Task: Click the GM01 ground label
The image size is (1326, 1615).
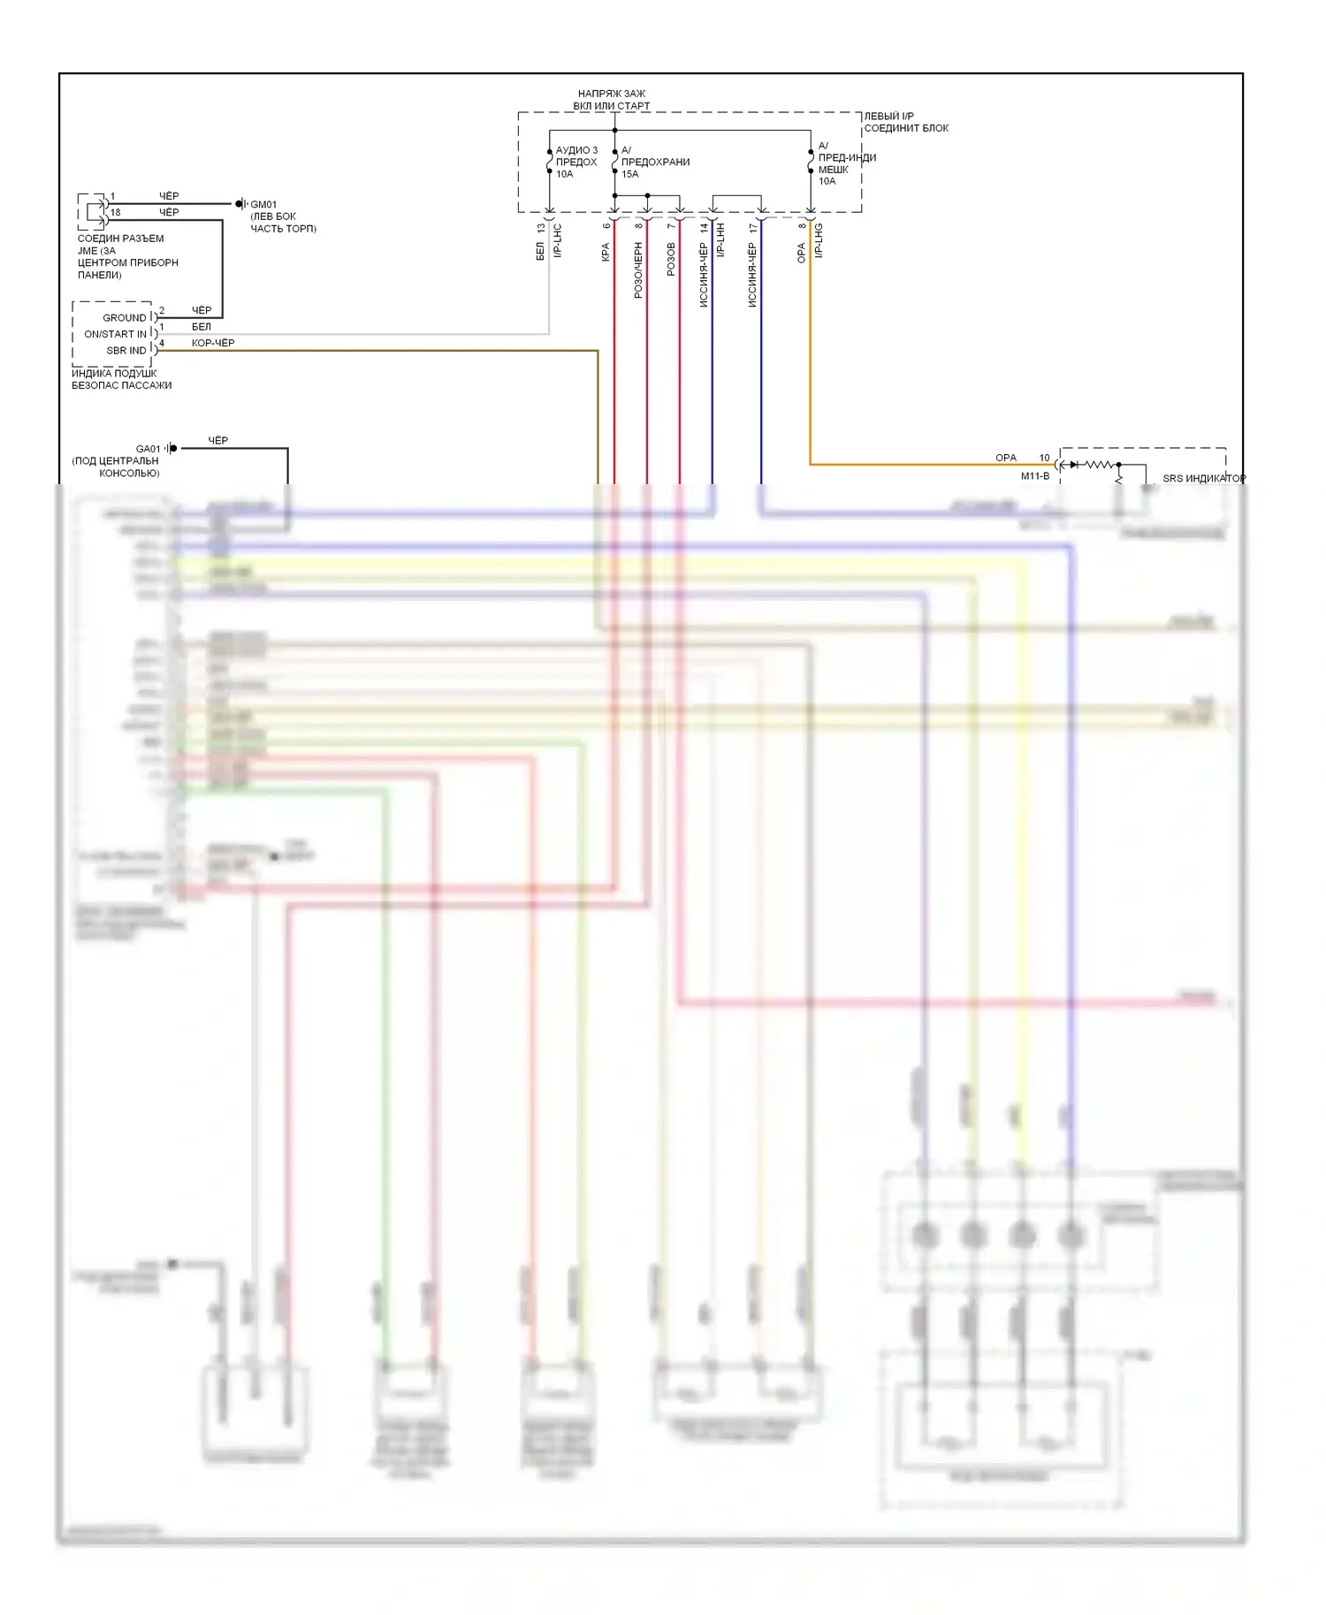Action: point(263,205)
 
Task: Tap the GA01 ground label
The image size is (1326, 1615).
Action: point(148,449)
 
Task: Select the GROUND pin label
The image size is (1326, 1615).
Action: point(125,318)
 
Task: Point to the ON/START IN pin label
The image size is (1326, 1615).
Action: point(115,334)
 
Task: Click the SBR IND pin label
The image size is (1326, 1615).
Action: point(126,351)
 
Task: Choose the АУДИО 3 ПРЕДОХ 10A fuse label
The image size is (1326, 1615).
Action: point(576,163)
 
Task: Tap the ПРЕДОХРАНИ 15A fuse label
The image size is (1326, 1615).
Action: point(655,163)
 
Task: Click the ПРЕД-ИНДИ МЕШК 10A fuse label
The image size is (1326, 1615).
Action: point(846,163)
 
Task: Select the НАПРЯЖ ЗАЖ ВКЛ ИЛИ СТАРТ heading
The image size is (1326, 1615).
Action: point(612,100)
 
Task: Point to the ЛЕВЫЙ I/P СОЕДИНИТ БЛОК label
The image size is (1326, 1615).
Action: point(906,122)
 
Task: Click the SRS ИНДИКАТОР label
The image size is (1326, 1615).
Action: point(1203,479)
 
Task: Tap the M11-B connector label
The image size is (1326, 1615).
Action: point(1035,476)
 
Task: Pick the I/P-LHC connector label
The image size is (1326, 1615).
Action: point(558,240)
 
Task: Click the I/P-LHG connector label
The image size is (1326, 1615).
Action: point(819,240)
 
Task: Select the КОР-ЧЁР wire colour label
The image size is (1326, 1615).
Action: point(213,343)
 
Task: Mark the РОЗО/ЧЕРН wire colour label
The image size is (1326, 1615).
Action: point(638,270)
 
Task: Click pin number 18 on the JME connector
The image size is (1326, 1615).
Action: point(116,213)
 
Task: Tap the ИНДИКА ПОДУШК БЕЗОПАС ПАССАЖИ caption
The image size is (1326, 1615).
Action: point(122,379)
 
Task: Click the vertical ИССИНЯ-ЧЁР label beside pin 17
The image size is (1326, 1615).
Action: point(752,275)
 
